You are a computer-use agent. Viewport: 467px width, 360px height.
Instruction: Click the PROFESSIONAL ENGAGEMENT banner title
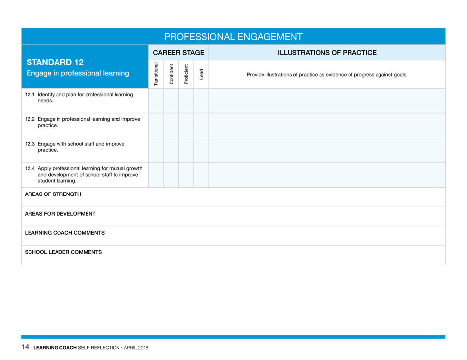point(233,36)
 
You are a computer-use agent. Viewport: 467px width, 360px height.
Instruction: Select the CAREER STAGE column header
point(179,52)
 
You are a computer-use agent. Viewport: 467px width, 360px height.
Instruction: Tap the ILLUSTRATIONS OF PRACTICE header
point(327,52)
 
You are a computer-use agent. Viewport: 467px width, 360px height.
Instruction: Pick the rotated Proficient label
point(186,75)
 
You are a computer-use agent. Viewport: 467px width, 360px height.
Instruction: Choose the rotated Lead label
point(201,75)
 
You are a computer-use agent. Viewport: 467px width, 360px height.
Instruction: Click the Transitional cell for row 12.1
point(156,101)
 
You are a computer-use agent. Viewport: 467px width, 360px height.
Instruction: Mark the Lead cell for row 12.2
point(201,125)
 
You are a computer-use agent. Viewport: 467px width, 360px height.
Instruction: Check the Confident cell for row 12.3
point(171,150)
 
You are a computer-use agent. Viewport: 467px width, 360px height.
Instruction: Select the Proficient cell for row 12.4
point(186,174)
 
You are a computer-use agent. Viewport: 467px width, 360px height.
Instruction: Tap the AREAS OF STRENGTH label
point(48,194)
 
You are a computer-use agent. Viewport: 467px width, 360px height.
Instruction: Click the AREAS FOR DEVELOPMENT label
point(56,214)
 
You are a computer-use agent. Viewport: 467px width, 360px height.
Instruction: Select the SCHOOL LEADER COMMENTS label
point(60,252)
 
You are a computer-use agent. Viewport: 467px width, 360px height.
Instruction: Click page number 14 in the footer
point(25,348)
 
